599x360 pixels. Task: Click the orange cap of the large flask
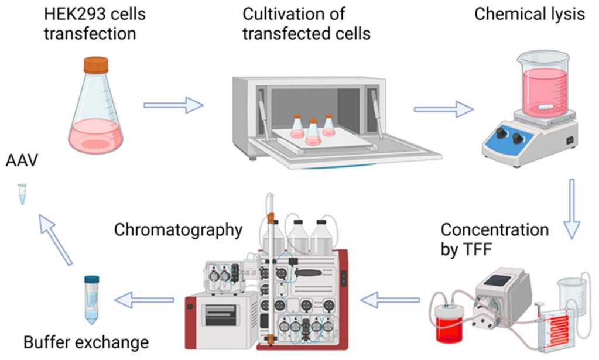point(96,64)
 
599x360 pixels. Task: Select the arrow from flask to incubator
point(173,106)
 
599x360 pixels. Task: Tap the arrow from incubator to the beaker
point(443,109)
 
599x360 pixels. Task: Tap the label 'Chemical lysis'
point(529,14)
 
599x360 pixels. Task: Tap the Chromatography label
point(177,230)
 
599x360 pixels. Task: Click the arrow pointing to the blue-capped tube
point(144,300)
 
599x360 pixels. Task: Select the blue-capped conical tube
point(92,300)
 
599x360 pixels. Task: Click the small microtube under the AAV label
point(22,194)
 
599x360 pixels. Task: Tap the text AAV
point(23,159)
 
